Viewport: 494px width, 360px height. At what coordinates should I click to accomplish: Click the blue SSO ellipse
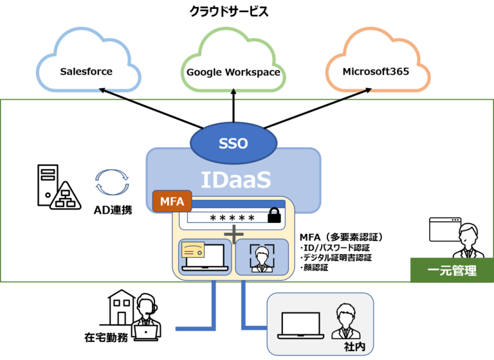pos(233,143)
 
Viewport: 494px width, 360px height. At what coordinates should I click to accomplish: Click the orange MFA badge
pos(172,202)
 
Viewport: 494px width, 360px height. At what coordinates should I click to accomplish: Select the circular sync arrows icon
pos(112,181)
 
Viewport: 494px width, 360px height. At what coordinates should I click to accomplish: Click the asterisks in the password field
pos(233,218)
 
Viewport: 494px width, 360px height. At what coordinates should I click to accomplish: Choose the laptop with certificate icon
pos(202,256)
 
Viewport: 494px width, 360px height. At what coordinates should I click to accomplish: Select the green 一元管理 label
pos(452,271)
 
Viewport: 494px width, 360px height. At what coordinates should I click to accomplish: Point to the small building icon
pos(122,307)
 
